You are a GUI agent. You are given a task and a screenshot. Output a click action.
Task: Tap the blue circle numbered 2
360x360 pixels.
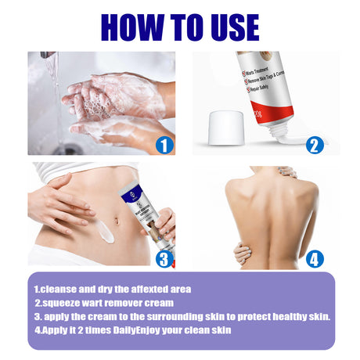315,144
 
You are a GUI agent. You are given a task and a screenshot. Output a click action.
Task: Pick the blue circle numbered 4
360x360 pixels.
315,257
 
